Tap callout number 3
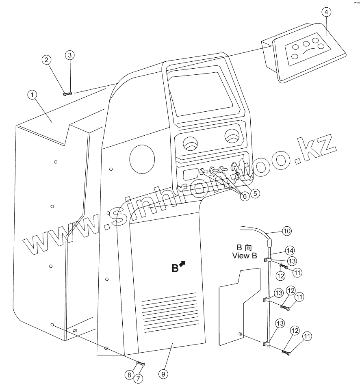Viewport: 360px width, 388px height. [x=70, y=54]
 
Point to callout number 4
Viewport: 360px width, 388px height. [x=326, y=12]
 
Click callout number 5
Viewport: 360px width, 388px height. [x=255, y=193]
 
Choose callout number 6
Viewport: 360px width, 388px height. [x=244, y=196]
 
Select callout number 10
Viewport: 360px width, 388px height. [x=286, y=231]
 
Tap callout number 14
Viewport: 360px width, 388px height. [x=289, y=250]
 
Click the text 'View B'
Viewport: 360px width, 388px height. [x=245, y=256]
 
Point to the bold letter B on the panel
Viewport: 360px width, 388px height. [x=174, y=268]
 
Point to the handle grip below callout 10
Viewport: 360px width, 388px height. [x=269, y=244]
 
